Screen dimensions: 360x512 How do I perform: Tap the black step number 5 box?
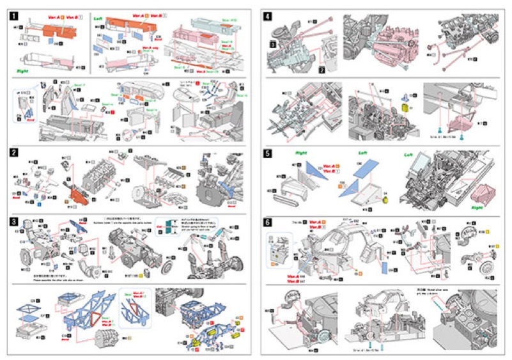267,153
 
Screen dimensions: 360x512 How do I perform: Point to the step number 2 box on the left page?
15,153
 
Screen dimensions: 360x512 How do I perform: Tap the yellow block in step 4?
405,108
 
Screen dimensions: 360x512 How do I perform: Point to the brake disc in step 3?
168,266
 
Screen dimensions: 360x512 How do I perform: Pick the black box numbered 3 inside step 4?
272,45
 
